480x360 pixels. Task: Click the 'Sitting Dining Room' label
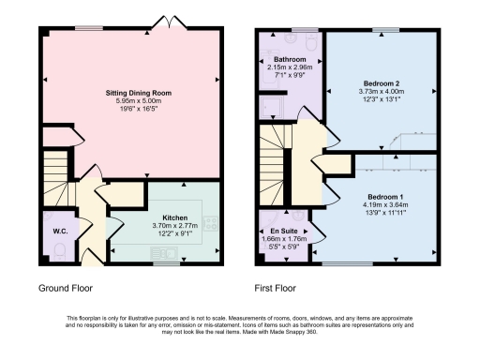click(130, 94)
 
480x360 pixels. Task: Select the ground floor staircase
click(58, 183)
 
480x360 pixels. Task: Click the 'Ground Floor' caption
click(66, 289)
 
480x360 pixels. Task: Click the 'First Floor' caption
click(277, 289)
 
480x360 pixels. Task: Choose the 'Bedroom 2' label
click(381, 83)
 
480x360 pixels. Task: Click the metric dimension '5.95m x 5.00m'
click(130, 103)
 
